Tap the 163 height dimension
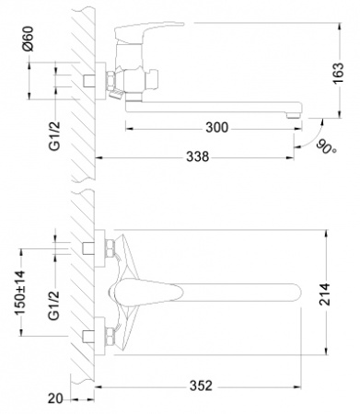click(x=339, y=73)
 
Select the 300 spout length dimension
click(x=217, y=128)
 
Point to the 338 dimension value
click(x=198, y=156)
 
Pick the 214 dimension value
click(x=325, y=294)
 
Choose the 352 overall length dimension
click(x=201, y=385)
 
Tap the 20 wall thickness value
click(x=55, y=398)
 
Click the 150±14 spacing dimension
click(x=20, y=293)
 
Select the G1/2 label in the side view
click(x=54, y=136)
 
